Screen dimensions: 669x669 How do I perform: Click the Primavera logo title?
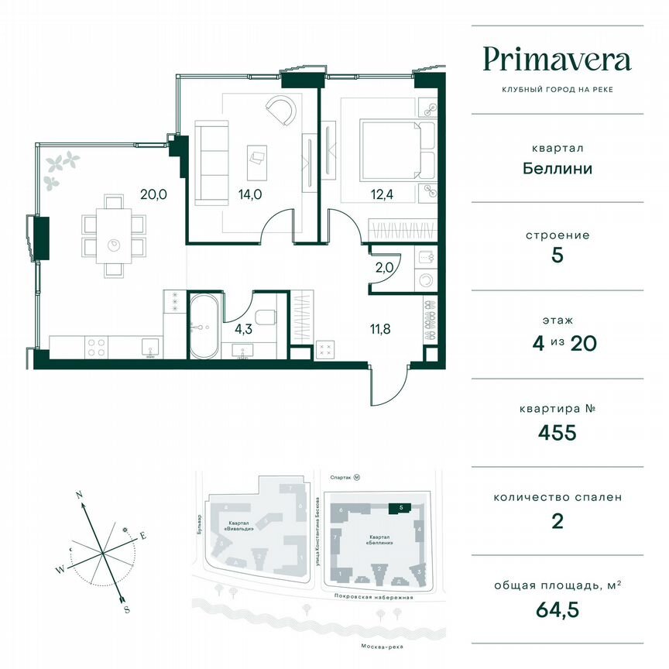pos(557,60)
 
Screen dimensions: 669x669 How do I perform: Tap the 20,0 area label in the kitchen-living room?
pos(153,195)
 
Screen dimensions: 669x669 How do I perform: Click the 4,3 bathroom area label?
pos(243,328)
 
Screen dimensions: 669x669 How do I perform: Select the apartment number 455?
pos(557,432)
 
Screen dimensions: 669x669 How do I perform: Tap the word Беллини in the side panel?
pos(557,167)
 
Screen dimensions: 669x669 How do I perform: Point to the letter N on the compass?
pos(79,493)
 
